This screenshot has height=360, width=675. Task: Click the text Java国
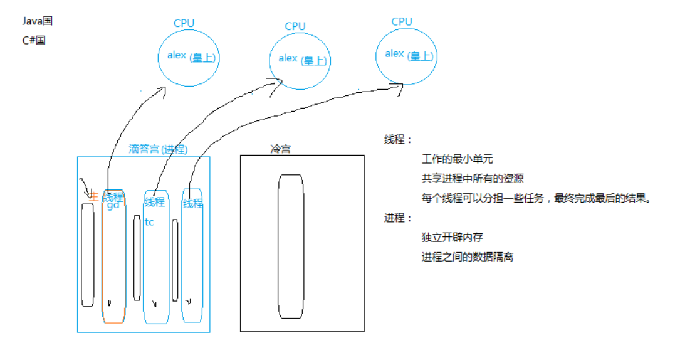point(37,21)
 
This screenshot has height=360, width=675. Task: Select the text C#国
point(33,41)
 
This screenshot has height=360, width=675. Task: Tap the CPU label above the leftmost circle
point(184,23)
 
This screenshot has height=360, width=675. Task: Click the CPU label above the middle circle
point(295,26)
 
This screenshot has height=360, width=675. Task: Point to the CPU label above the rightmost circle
point(402,21)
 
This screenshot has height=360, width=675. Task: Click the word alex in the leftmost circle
point(177,55)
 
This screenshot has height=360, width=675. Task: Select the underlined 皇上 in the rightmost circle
point(421,55)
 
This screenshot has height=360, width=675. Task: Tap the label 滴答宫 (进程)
point(158,149)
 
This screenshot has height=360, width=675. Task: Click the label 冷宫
point(280,149)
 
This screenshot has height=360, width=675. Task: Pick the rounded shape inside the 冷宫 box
point(291,246)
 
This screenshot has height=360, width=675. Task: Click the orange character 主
point(94,196)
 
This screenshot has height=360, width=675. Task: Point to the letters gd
point(113,206)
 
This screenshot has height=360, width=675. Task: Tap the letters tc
point(149,222)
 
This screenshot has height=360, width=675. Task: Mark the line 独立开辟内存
point(453,238)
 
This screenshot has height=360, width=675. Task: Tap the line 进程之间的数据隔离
point(468,257)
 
